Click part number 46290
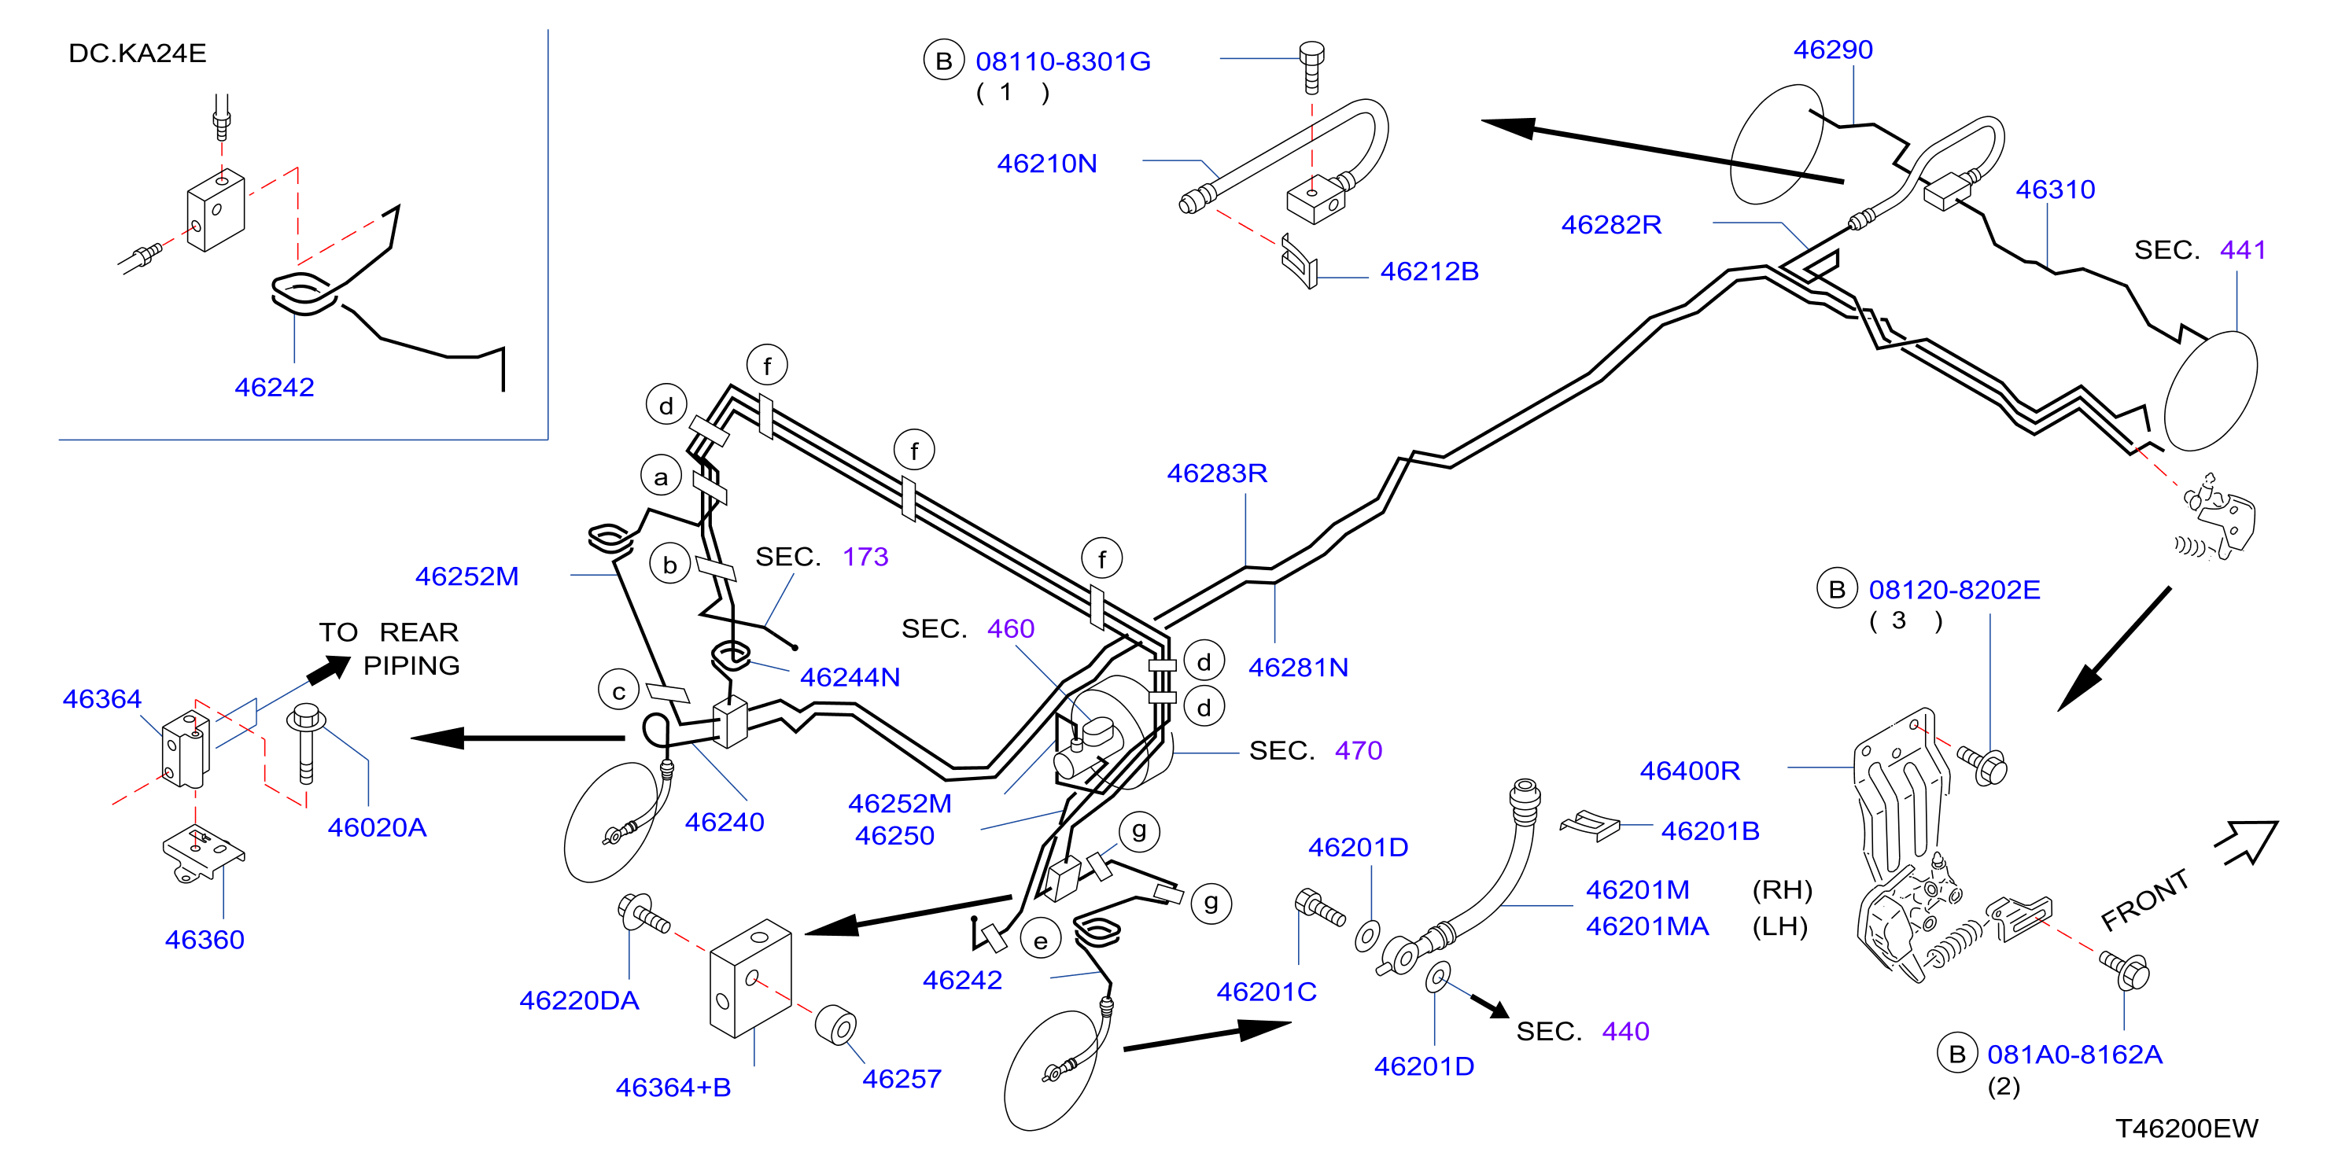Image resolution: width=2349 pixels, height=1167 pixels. [x=1833, y=50]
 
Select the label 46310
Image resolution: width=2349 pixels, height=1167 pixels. [x=2056, y=190]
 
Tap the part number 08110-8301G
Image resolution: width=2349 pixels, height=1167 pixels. [x=1064, y=61]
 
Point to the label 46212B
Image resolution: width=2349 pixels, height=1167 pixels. [x=1429, y=271]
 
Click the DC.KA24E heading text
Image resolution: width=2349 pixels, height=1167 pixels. [x=138, y=53]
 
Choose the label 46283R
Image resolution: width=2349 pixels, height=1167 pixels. [x=1217, y=473]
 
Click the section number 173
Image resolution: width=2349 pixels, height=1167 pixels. [x=865, y=557]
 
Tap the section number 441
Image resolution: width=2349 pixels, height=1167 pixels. [x=2244, y=250]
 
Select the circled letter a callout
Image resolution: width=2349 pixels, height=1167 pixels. [x=661, y=477]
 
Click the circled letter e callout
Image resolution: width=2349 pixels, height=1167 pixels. [x=1041, y=941]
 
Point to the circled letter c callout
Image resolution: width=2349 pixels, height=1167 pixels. [x=619, y=691]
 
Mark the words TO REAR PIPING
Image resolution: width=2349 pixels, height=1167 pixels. [x=389, y=648]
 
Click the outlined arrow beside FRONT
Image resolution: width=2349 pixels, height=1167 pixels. [x=2248, y=841]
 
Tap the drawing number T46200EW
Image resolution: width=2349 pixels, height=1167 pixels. [x=2187, y=1128]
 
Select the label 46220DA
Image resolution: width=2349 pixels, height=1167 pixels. [x=579, y=1001]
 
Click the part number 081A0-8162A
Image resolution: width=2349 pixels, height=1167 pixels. [x=2074, y=1055]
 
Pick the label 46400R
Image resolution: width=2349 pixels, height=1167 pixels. [x=1690, y=771]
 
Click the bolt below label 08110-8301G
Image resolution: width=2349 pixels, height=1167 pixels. [x=1311, y=67]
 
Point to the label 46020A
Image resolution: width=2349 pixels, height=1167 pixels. [x=377, y=828]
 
